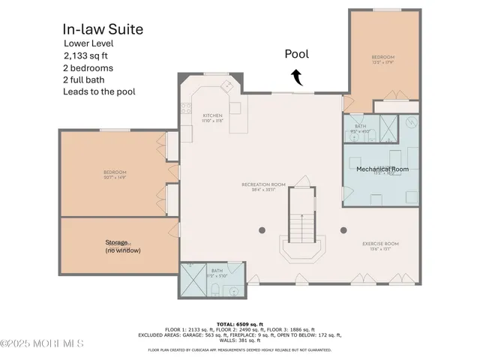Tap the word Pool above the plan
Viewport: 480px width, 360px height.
click(x=295, y=54)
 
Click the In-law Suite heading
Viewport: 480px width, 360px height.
click(x=103, y=29)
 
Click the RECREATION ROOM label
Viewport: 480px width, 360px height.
click(x=261, y=185)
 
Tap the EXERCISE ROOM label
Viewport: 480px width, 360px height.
click(x=380, y=246)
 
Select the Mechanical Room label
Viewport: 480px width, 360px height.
click(x=382, y=169)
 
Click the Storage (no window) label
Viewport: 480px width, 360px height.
click(x=122, y=246)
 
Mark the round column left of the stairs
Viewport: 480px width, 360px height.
click(x=261, y=230)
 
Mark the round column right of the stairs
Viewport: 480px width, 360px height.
click(x=343, y=230)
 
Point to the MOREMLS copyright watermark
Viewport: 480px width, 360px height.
click(x=43, y=344)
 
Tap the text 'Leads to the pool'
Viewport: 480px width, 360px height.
click(x=100, y=91)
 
